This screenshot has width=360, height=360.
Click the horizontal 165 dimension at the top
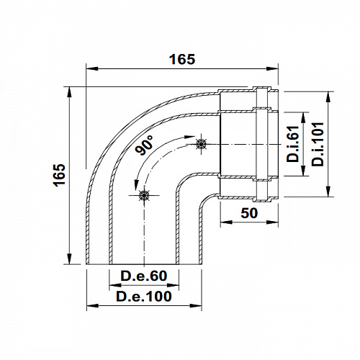click(182, 60)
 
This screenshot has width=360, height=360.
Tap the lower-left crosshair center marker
click(144, 195)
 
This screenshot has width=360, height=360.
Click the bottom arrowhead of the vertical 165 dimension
click(70, 261)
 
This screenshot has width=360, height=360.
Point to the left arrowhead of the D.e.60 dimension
click(112, 285)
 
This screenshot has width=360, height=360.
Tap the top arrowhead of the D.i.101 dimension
click(328, 94)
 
